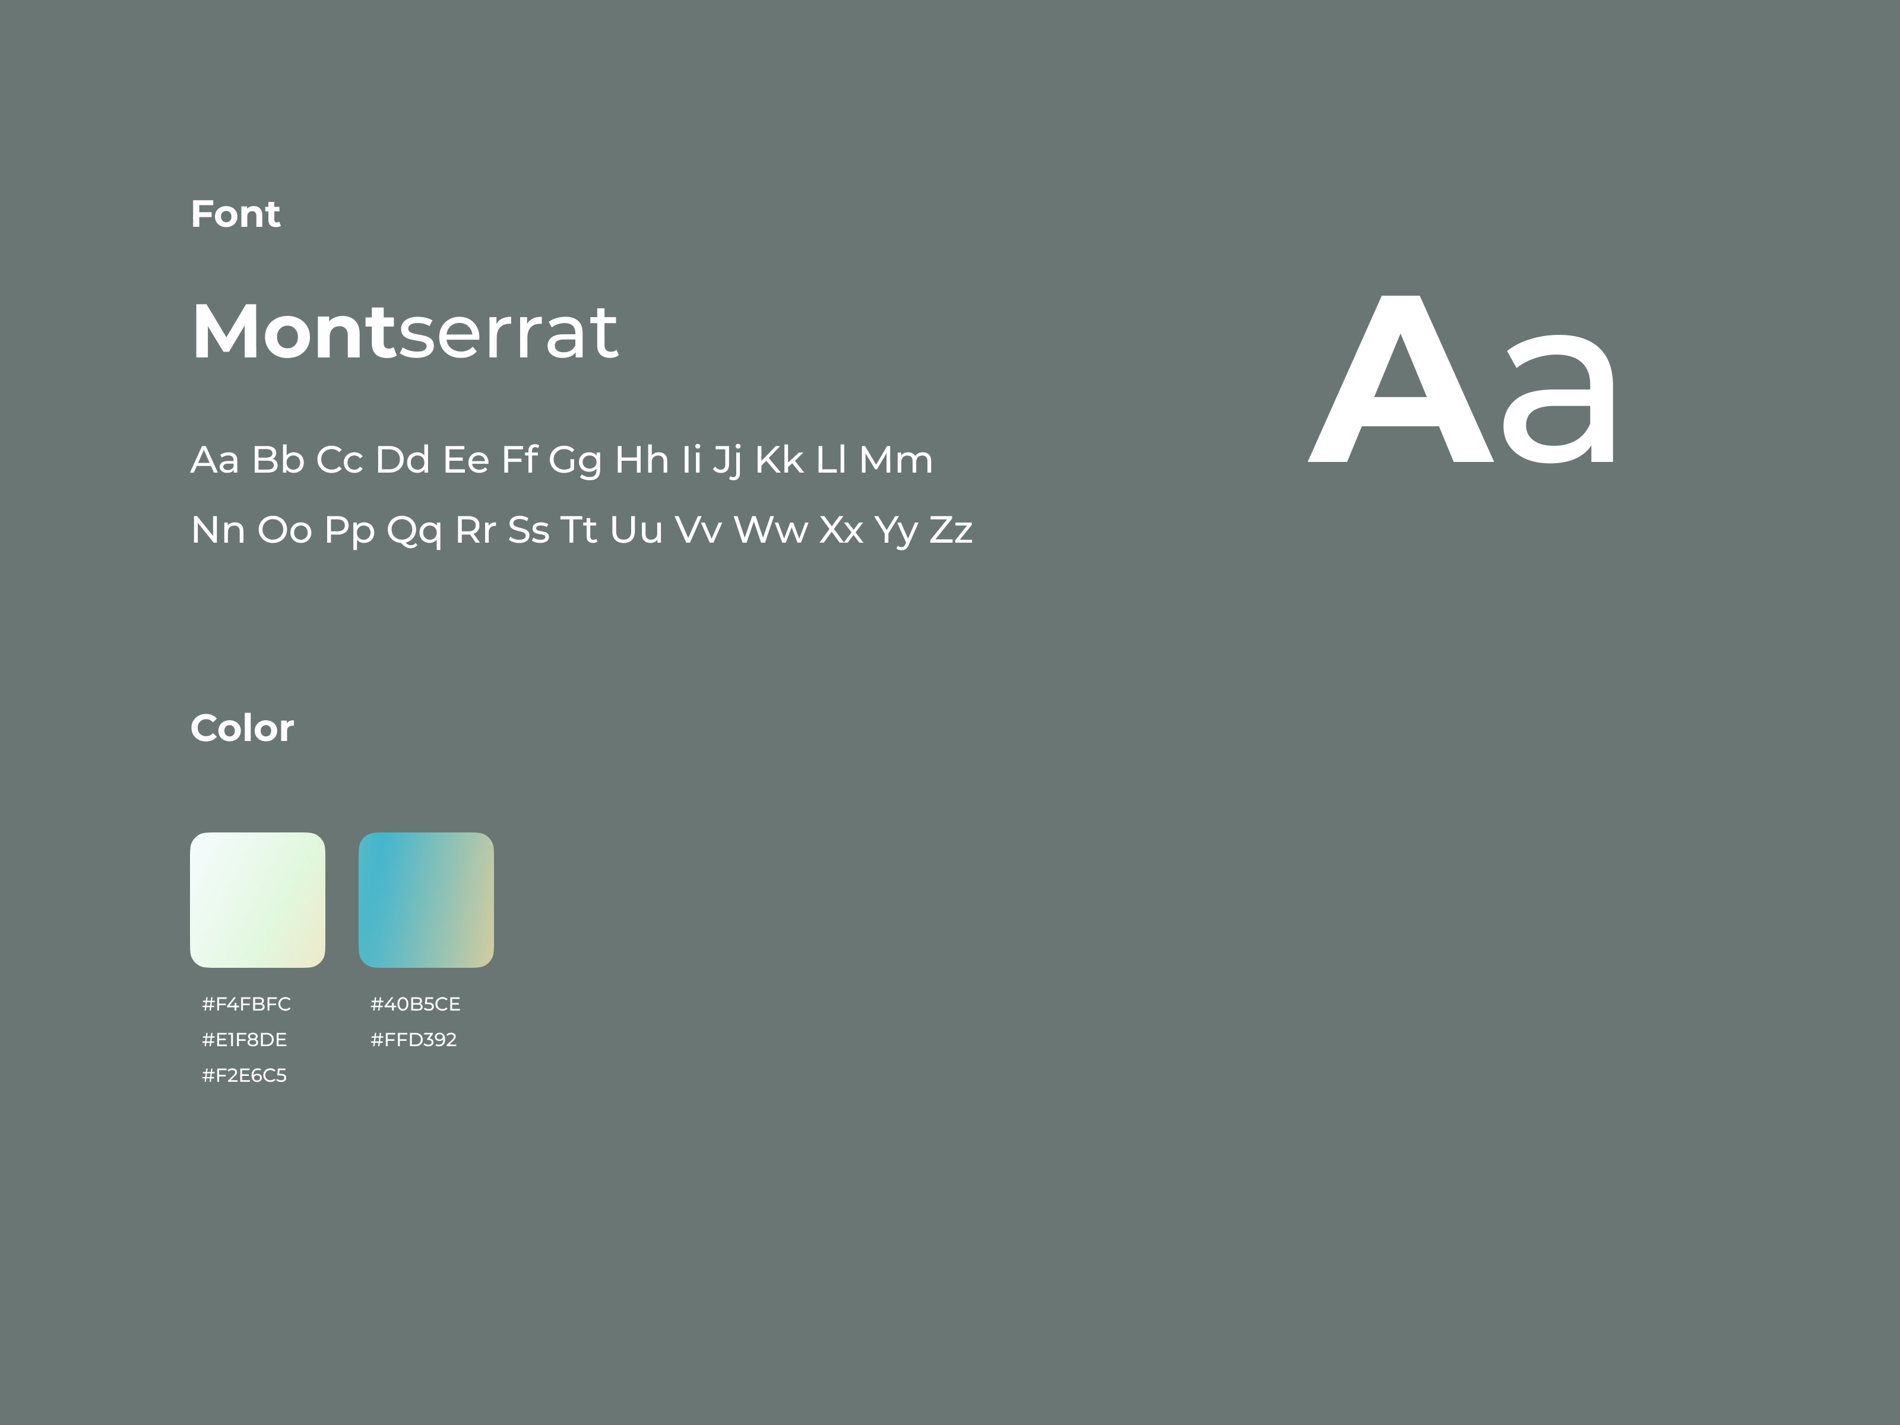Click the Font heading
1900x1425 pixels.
(x=235, y=214)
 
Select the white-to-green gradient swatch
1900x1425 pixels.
(x=258, y=900)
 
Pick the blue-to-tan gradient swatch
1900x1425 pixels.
(x=426, y=900)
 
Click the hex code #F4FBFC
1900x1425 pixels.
(x=246, y=1004)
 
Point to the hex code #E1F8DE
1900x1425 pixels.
(x=245, y=1040)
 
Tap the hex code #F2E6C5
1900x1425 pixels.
(x=245, y=1075)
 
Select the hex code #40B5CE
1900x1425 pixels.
(x=416, y=1004)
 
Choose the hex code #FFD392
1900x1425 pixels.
(x=414, y=1040)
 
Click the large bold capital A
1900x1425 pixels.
(x=1401, y=379)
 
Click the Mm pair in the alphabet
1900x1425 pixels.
(x=896, y=460)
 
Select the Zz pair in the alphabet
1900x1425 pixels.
(x=951, y=530)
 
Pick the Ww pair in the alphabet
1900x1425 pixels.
(x=771, y=530)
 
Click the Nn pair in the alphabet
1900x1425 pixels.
(x=218, y=530)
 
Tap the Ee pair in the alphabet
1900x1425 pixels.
(x=465, y=460)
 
